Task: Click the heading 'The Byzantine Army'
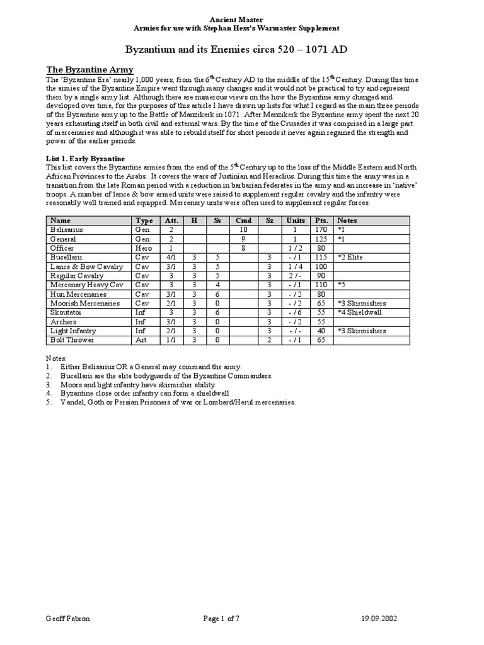90,69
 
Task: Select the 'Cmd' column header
243,221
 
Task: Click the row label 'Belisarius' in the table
67,231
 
